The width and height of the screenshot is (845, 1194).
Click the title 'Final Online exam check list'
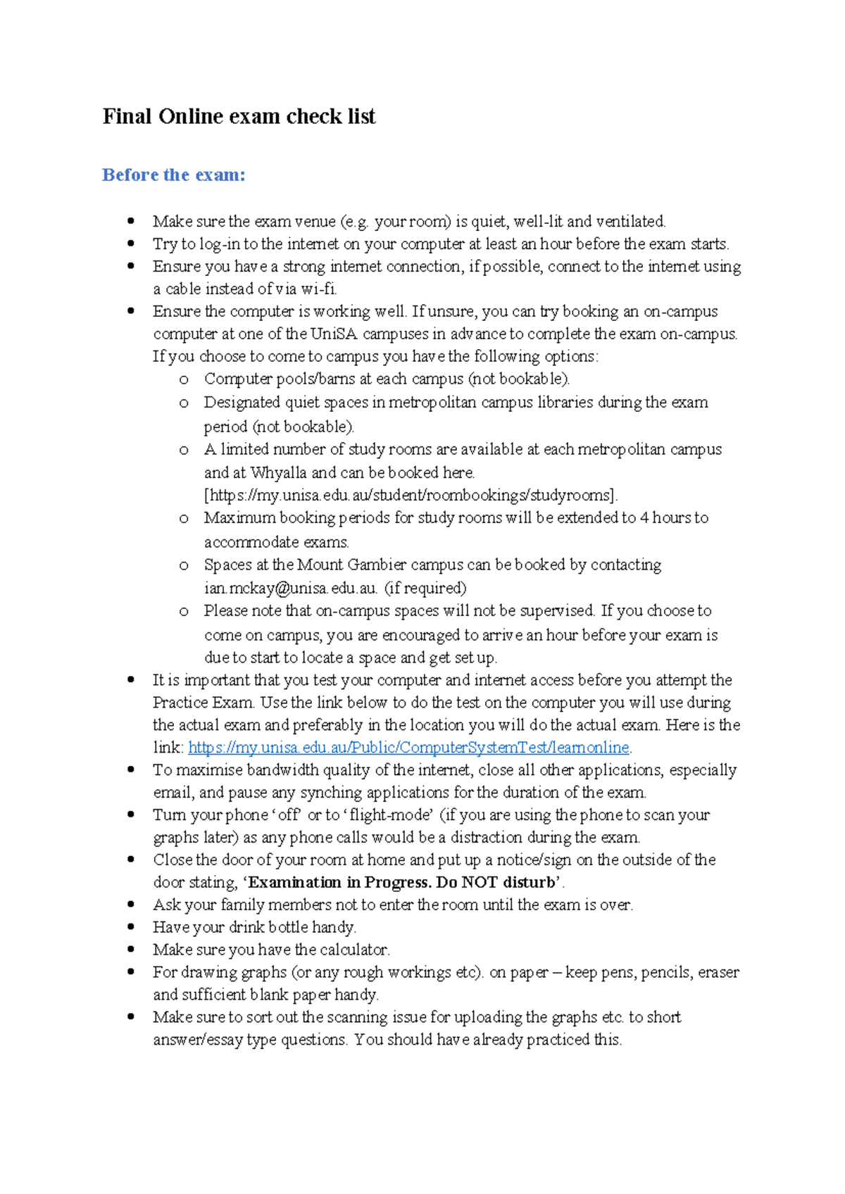pos(239,116)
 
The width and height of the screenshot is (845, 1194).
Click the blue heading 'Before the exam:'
pos(173,175)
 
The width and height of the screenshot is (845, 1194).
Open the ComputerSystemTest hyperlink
pos(408,748)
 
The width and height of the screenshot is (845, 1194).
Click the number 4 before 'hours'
pos(644,518)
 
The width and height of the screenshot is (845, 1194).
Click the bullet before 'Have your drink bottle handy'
pos(131,927)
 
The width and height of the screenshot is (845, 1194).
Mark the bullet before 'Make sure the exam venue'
pos(131,221)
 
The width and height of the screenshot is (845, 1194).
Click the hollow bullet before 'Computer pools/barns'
pos(184,380)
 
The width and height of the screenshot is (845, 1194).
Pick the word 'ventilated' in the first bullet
pos(630,222)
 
